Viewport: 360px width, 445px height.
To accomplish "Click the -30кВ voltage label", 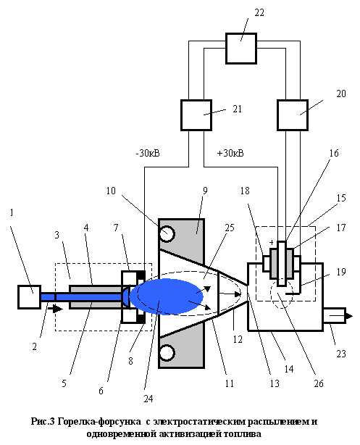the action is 148,153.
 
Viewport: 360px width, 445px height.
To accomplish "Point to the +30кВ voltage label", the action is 230,153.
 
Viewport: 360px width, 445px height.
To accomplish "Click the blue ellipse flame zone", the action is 167,296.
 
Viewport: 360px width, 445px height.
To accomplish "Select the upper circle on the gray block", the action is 167,233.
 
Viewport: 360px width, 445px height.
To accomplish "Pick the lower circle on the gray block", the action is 167,353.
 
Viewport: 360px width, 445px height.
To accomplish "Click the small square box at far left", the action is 29,297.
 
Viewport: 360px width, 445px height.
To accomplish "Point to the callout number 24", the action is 148,399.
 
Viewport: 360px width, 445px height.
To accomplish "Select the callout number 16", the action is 334,153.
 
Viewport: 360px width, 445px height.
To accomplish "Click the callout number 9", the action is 205,191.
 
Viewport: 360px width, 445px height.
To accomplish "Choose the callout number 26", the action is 319,383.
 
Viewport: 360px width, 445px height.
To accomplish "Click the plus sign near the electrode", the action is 272,242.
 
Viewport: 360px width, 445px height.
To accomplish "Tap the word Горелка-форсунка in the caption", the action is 99,422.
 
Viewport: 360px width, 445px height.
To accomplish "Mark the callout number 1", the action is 12,212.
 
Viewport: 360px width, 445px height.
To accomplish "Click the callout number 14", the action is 289,369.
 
